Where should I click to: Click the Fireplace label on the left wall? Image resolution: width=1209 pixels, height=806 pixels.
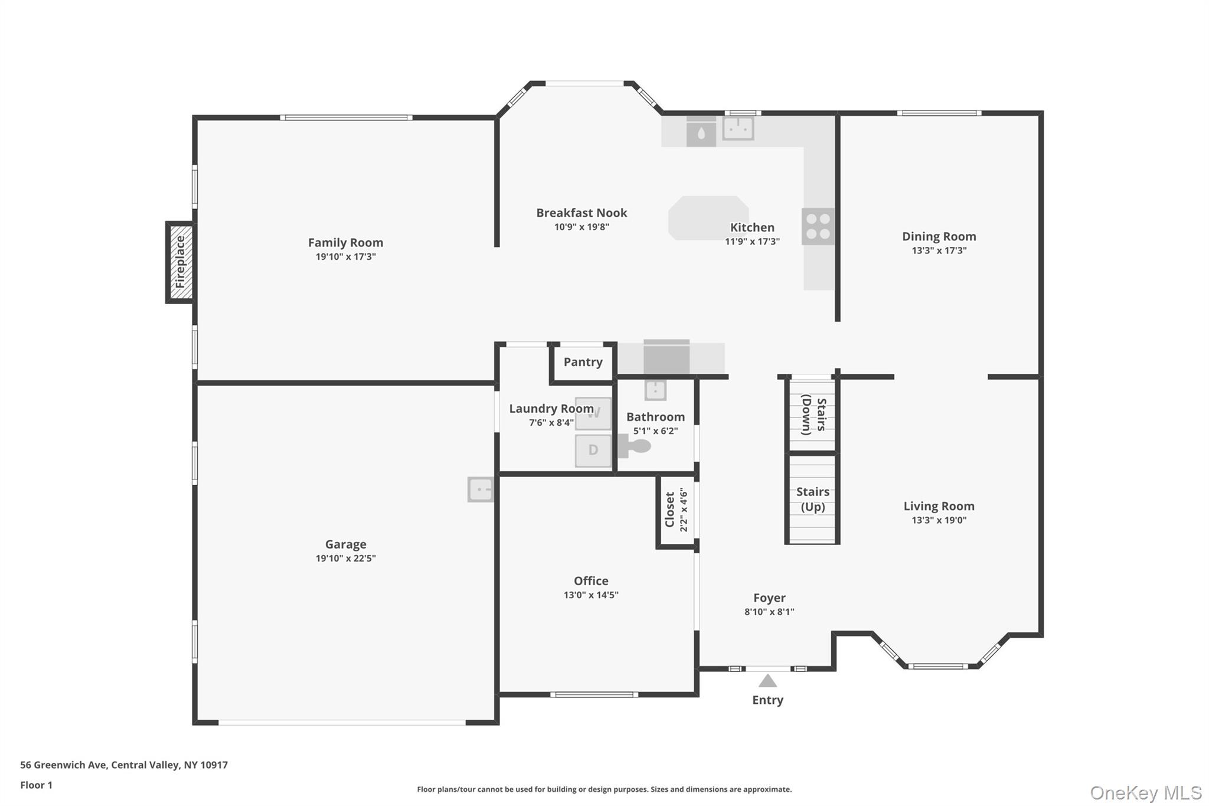pos(180,262)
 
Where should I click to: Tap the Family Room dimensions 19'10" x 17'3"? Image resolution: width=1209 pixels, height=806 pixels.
pos(346,257)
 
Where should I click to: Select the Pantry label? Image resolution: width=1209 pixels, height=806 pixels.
pos(583,362)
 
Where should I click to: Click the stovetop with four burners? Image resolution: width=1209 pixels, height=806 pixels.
pos(818,226)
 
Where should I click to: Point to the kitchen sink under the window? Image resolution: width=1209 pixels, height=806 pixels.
pos(738,128)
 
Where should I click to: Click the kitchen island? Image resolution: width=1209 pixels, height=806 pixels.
pos(708,218)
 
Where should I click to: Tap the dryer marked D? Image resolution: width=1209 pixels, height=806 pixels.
pos(593,451)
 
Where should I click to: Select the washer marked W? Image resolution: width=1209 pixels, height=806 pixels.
pos(593,413)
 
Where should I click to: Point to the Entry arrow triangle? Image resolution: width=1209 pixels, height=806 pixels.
pos(767,681)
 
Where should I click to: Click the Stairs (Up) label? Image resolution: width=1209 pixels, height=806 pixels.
pos(813,500)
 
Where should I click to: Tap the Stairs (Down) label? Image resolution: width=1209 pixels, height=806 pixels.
pos(813,415)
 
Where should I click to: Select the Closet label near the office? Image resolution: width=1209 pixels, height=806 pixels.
pos(669,510)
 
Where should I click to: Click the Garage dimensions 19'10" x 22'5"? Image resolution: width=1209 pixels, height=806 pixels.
pos(346,559)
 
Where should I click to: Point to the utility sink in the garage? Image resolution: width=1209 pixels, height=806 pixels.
pos(481,490)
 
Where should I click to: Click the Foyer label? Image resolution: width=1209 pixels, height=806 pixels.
pos(769,598)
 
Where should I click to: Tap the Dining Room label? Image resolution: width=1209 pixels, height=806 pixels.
pos(939,237)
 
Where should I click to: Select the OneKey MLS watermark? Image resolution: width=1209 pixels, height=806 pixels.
pos(1146,792)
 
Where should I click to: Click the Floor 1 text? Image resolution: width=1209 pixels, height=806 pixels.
pos(37,785)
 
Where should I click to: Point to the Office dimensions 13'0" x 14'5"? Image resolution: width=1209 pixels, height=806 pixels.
pos(591,595)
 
